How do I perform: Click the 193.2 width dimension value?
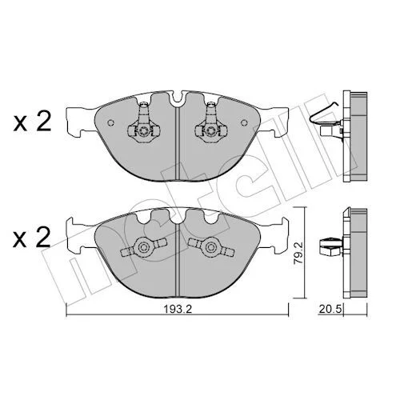tap(178, 310)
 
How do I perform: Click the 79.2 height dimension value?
tap(298, 253)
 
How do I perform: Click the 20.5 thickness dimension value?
tap(330, 310)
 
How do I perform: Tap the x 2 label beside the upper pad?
tap(32, 123)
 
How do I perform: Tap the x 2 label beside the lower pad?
tap(32, 237)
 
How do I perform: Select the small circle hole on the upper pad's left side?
tap(110, 122)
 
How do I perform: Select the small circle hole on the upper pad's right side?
tap(244, 122)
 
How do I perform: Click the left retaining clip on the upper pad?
tap(144, 123)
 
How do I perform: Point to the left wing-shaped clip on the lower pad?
tap(144, 247)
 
